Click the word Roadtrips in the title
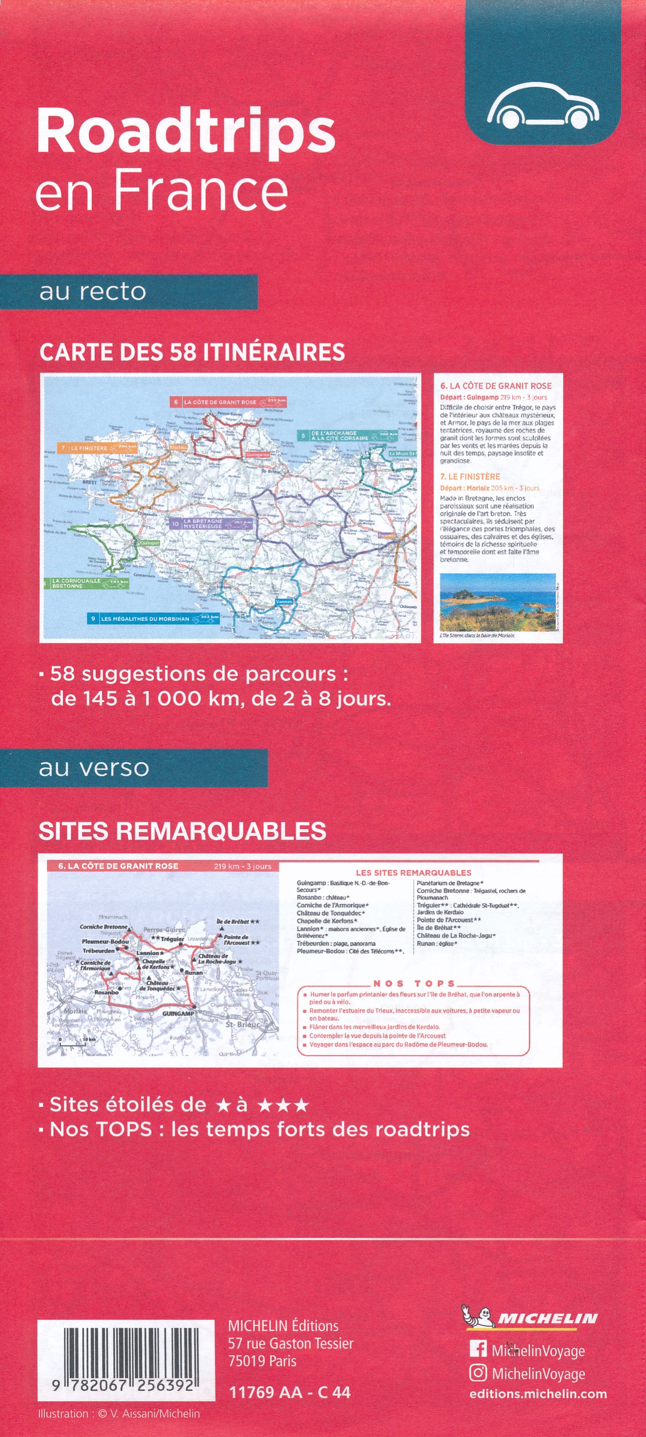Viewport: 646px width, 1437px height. point(186,132)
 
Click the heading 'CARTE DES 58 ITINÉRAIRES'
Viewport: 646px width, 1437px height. point(192,353)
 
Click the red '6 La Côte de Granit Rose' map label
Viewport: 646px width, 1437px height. point(228,402)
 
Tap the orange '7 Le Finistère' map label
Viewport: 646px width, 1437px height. point(97,448)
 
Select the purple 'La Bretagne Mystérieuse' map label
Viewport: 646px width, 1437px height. point(211,523)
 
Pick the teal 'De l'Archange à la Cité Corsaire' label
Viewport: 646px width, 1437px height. point(347,436)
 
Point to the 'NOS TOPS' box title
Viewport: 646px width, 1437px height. point(414,984)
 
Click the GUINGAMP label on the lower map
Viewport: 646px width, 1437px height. point(178,1013)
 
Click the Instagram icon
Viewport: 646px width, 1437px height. point(478,1373)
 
